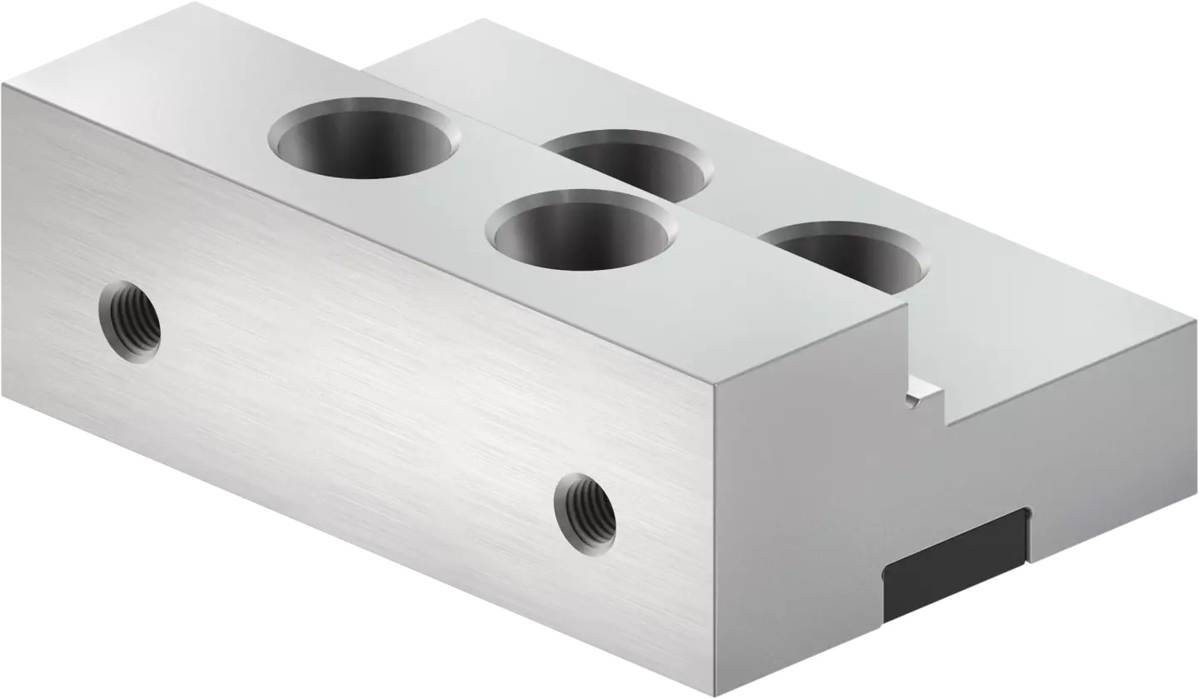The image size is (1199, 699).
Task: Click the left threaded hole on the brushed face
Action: (x=130, y=322)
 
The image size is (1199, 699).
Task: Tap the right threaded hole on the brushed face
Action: (x=585, y=512)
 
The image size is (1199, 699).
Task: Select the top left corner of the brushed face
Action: (x=2, y=84)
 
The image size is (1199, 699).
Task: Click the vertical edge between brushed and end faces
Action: (x=714, y=542)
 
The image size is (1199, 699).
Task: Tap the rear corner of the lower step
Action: (x=485, y=20)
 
